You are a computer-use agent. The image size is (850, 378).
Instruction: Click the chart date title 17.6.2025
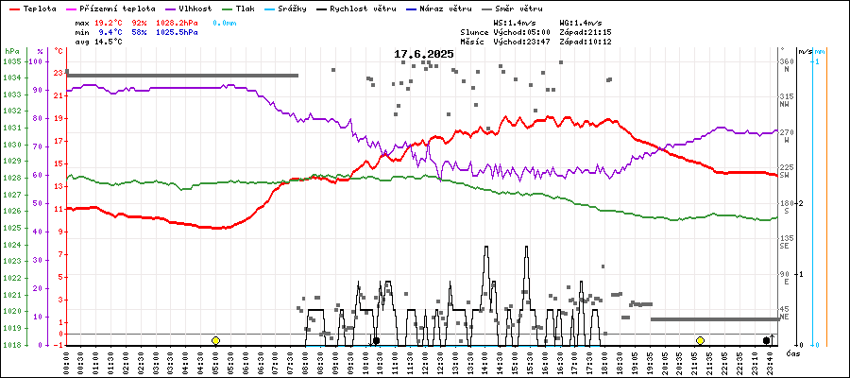(424, 54)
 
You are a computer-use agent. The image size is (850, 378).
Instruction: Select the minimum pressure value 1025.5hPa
(178, 31)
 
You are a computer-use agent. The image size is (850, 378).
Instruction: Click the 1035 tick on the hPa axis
(11, 61)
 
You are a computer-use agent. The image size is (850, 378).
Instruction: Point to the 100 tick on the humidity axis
(37, 61)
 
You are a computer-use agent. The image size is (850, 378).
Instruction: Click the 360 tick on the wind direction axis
(785, 61)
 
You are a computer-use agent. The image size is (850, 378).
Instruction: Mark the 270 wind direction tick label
(785, 132)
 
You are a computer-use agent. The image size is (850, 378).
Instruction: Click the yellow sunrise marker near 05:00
(216, 340)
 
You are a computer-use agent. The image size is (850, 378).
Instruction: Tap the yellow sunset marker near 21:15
(700, 340)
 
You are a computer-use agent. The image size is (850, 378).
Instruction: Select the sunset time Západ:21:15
(586, 31)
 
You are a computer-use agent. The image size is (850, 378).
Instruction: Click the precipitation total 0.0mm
(225, 21)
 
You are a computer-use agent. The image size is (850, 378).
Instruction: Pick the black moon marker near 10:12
(376, 340)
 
